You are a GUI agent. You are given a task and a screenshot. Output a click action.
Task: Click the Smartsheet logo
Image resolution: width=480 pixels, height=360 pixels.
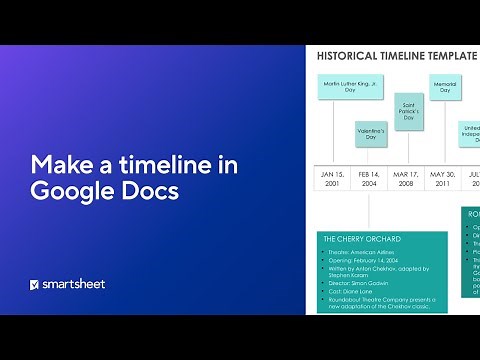67,284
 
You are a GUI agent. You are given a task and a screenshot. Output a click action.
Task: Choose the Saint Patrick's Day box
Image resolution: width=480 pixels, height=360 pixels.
408,110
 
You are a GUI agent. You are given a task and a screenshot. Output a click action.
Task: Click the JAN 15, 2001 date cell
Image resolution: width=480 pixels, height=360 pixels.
332,178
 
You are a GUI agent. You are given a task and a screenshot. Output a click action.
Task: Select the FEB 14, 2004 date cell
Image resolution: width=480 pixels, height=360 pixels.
370,178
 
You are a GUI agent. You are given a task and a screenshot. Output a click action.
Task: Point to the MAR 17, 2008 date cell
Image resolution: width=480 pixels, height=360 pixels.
407,178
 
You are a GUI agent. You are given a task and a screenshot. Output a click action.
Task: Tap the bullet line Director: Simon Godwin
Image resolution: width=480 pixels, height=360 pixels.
360,285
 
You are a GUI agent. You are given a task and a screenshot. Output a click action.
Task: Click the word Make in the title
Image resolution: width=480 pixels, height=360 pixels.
56,163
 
